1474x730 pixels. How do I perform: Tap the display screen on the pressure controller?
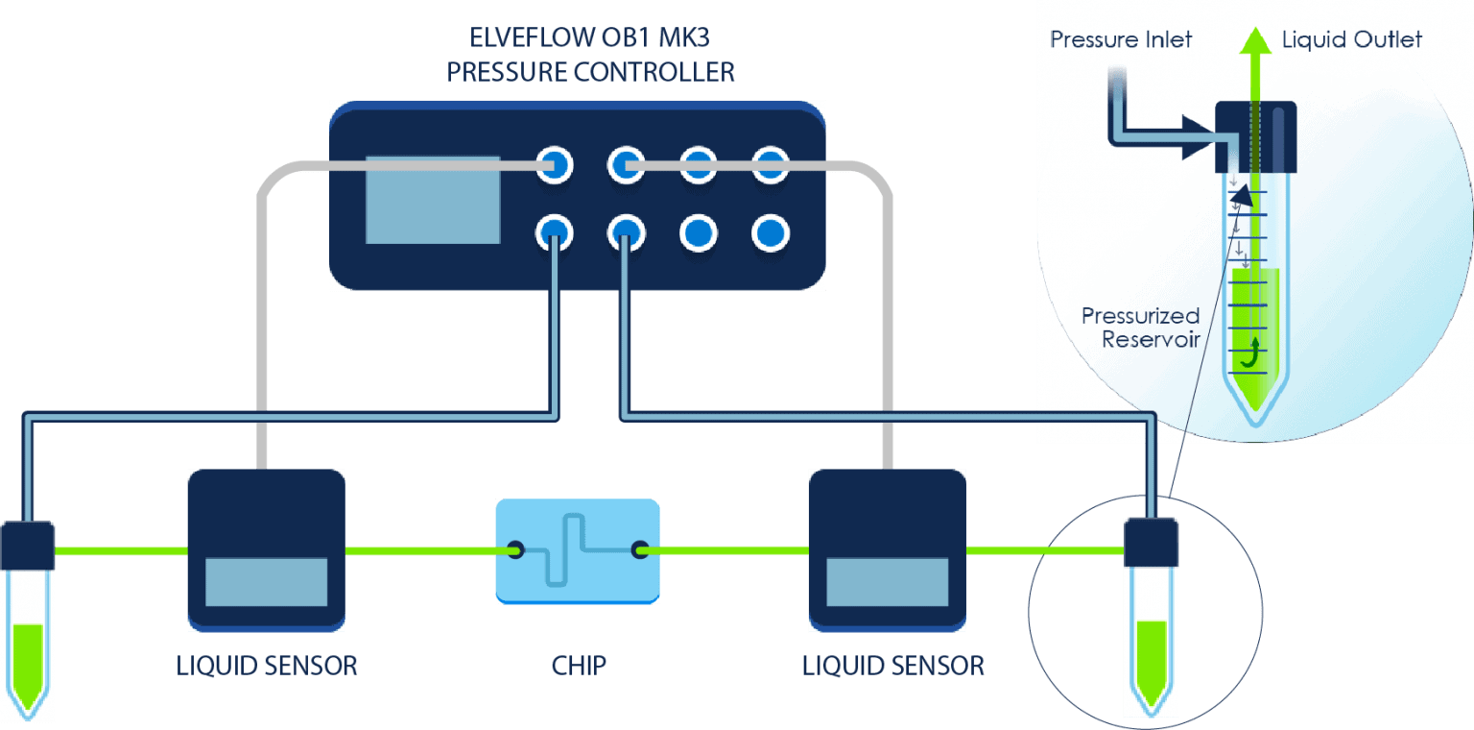click(x=433, y=199)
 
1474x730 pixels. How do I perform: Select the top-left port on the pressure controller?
click(x=554, y=165)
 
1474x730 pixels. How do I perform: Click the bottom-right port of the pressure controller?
click(x=770, y=232)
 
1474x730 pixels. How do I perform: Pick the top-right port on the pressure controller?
click(x=770, y=165)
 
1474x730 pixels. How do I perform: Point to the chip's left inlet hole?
click(x=516, y=549)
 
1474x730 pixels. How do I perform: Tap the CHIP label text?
click(x=579, y=665)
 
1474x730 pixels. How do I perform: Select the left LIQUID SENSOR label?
click(x=267, y=665)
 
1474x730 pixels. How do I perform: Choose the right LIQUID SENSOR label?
click(x=892, y=665)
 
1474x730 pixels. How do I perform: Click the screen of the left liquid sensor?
click(x=267, y=582)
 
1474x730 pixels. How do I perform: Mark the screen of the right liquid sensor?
click(x=888, y=582)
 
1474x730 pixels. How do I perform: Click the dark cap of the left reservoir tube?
click(x=28, y=546)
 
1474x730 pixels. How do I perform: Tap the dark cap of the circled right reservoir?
click(x=1150, y=543)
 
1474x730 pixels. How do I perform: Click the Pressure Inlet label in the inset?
click(x=1121, y=39)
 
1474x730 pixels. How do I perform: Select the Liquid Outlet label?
click(x=1352, y=39)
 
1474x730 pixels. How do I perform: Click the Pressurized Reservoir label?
click(x=1140, y=328)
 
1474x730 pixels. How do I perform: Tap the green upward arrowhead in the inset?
click(x=1252, y=41)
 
